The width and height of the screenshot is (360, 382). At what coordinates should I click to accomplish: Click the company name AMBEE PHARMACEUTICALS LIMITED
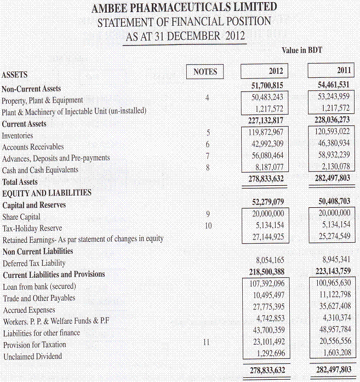pyautogui.click(x=184, y=8)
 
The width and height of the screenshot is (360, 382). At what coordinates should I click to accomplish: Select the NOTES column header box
pyautogui.click(x=205, y=71)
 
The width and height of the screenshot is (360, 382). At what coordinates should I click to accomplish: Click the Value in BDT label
pyautogui.click(x=301, y=50)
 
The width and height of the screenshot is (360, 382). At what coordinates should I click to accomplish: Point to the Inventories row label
pyautogui.click(x=18, y=135)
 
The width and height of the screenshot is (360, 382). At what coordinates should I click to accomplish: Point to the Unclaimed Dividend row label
pyautogui.click(x=32, y=356)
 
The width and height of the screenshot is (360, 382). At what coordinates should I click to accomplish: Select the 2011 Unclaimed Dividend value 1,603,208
pyautogui.click(x=334, y=352)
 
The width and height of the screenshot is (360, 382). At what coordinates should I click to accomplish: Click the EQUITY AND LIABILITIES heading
pyautogui.click(x=47, y=193)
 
